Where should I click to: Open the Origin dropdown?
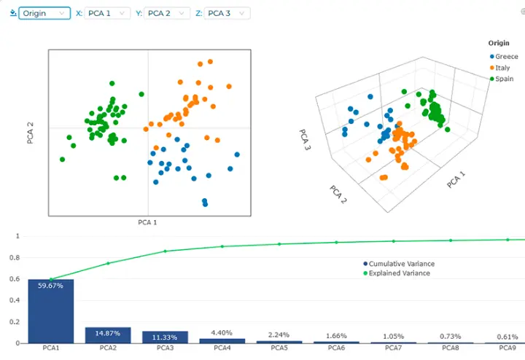coord(44,13)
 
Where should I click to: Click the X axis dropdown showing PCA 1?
coord(107,13)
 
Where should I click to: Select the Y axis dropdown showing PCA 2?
coord(167,13)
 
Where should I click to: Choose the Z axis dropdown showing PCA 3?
coord(227,13)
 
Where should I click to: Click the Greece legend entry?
coord(504,57)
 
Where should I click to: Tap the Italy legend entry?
coord(499,68)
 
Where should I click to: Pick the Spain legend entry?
coord(501,79)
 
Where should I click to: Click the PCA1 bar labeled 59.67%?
coord(51,311)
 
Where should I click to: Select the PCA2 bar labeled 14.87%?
coord(108,335)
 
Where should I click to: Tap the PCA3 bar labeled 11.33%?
coord(165,337)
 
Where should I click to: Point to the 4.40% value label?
coord(222,332)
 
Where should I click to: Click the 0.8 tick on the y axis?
coord(15,258)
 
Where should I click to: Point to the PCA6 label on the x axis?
coord(336,348)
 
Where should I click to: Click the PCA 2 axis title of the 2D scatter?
coord(30,133)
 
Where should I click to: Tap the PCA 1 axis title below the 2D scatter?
coord(147,222)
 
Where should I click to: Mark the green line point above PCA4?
coord(222,246)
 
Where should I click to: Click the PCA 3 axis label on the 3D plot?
coord(305,139)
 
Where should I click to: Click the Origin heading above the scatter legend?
coord(499,43)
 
